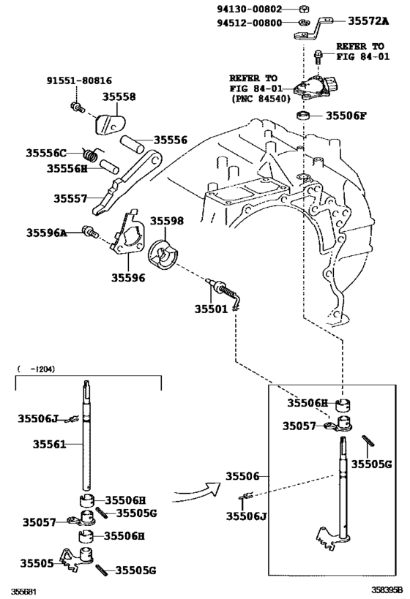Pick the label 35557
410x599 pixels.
70,197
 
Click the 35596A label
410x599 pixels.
48,233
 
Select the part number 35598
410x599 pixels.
167,220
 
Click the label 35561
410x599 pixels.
49,443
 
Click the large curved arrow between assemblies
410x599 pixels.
197,495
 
